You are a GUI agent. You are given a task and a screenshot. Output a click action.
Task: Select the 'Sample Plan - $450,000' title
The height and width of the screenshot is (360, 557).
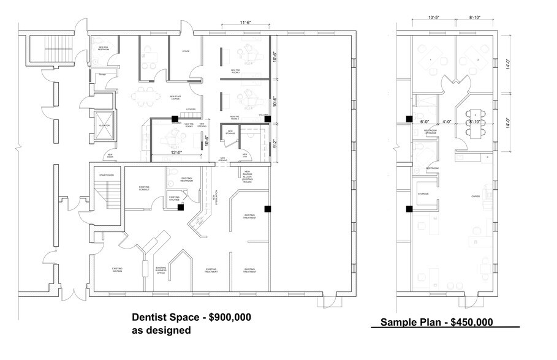436,322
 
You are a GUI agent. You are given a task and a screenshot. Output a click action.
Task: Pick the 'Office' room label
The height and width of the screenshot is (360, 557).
186,51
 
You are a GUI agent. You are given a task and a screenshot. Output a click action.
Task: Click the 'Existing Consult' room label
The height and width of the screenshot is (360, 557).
144,189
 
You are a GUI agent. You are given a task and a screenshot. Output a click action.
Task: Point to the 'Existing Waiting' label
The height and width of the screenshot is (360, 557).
118,269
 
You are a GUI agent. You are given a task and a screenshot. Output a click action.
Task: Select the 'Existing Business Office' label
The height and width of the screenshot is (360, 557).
161,270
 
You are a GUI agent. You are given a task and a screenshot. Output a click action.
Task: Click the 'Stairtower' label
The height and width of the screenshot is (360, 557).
107,175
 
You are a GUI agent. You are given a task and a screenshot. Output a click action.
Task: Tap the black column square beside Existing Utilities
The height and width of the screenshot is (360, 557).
181,208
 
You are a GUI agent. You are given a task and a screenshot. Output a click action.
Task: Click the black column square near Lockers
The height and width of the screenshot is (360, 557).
175,119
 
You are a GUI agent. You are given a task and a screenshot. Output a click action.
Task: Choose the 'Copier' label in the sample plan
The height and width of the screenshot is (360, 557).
475,197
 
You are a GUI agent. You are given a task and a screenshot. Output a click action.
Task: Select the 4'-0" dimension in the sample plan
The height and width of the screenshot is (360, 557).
447,121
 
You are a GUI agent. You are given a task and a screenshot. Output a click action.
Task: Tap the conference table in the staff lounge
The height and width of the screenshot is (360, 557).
146,94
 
